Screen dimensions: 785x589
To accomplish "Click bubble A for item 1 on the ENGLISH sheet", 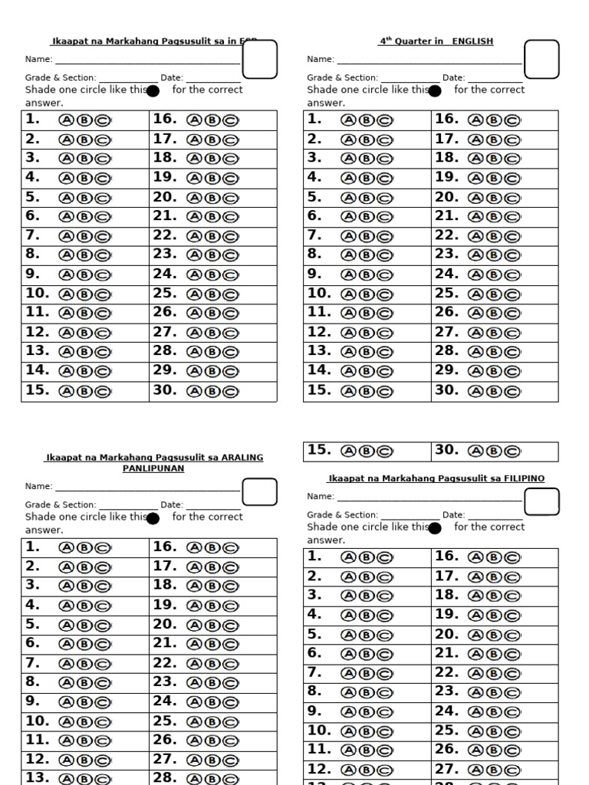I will pos(349,120).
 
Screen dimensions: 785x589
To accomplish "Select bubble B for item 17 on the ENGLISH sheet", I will pos(493,140).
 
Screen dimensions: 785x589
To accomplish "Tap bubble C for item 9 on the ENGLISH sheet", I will pos(384,275).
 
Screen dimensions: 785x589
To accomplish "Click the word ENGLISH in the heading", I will pos(472,41).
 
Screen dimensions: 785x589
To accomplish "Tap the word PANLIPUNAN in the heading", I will pos(153,468).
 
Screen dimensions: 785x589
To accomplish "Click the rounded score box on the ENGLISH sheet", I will pos(541,60).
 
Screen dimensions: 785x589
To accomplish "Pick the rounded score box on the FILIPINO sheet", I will pos(541,501).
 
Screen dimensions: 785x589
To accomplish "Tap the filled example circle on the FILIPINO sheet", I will pos(435,528).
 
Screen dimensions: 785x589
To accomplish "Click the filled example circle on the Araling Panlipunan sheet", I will pos(153,518).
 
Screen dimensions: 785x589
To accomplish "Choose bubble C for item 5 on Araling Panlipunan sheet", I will pos(103,626).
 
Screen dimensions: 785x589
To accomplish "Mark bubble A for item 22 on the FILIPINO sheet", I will pos(476,674).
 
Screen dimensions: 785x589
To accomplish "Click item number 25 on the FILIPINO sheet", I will pos(446,730).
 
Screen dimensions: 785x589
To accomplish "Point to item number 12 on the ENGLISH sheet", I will pos(318,332).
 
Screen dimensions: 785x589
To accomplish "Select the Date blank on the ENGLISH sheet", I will pos(495,80).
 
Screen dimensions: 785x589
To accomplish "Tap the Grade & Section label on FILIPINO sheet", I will pos(342,515).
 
